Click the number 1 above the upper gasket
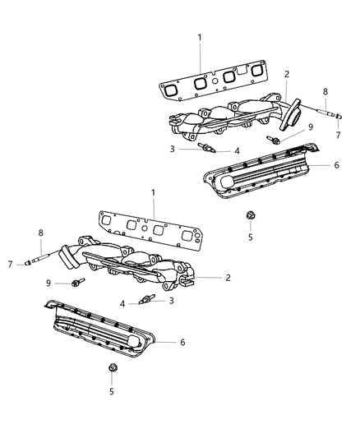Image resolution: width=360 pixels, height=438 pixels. pos(198,37)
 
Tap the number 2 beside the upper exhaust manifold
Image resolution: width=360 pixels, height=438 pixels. pos(286,74)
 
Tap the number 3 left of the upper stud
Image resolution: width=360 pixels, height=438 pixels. pos(172,149)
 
